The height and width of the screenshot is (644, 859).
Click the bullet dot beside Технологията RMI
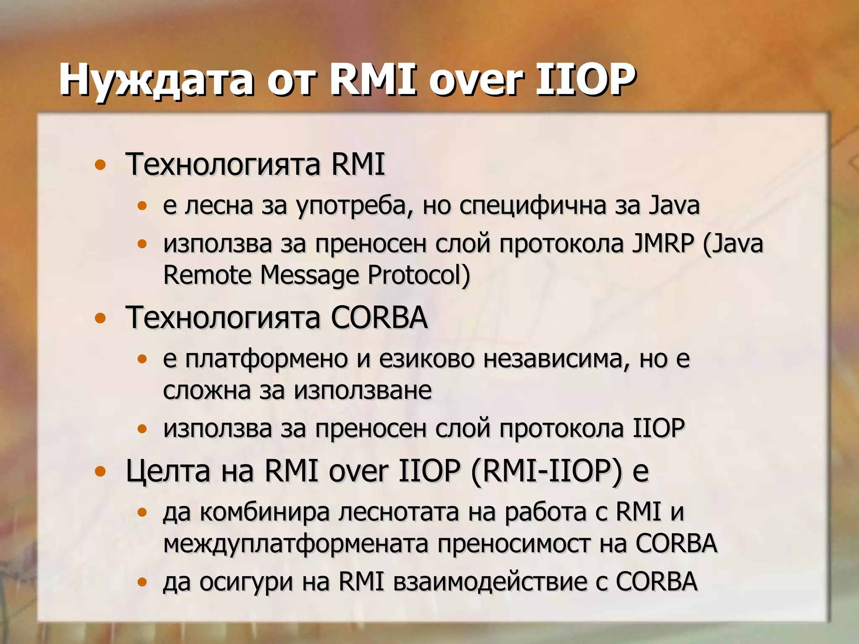click(x=100, y=165)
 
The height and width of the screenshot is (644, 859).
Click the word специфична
click(x=532, y=206)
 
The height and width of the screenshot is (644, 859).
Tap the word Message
click(x=309, y=275)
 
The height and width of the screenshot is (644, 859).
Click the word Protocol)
click(x=419, y=275)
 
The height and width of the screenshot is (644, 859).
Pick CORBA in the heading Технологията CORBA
click(x=379, y=317)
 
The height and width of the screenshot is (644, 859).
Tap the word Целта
click(x=168, y=471)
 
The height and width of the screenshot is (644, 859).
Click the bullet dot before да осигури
click(x=143, y=582)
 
